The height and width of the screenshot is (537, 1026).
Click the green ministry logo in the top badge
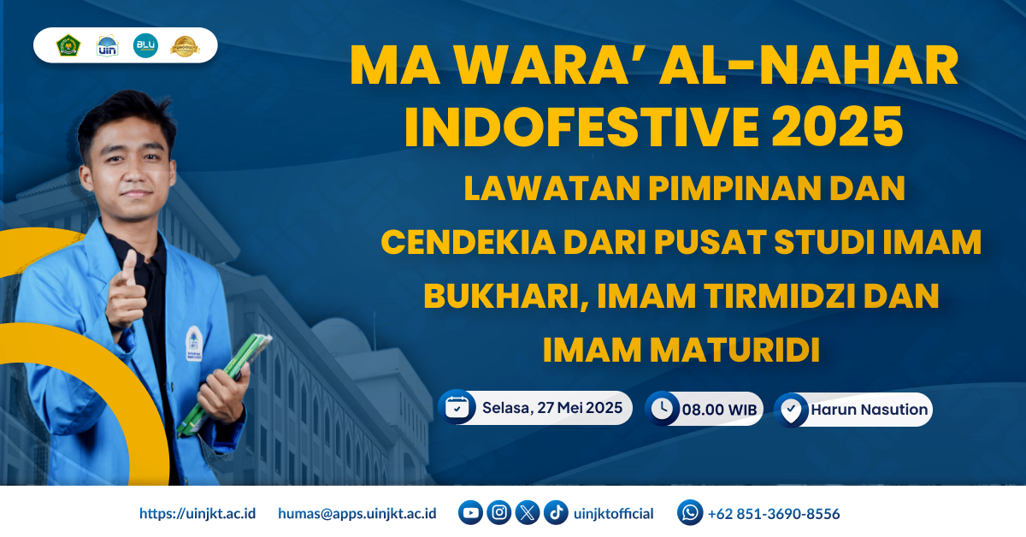(x=68, y=45)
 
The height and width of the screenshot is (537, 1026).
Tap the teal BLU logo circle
(x=145, y=45)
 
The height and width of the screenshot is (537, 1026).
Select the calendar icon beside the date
(x=457, y=407)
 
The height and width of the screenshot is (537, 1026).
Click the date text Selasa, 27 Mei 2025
(x=551, y=407)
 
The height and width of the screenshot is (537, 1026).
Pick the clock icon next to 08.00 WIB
(x=661, y=409)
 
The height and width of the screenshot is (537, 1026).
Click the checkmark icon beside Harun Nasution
(x=791, y=410)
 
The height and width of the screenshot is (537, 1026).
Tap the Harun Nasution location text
(x=869, y=410)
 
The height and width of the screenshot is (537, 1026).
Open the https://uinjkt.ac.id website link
(x=198, y=514)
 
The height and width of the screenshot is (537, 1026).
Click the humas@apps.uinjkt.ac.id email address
(x=357, y=514)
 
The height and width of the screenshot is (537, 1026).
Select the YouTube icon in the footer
(x=470, y=513)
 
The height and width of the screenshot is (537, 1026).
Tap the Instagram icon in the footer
(x=499, y=513)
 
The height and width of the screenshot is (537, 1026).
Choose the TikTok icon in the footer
(x=556, y=513)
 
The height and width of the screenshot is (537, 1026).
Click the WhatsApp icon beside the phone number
(x=690, y=513)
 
